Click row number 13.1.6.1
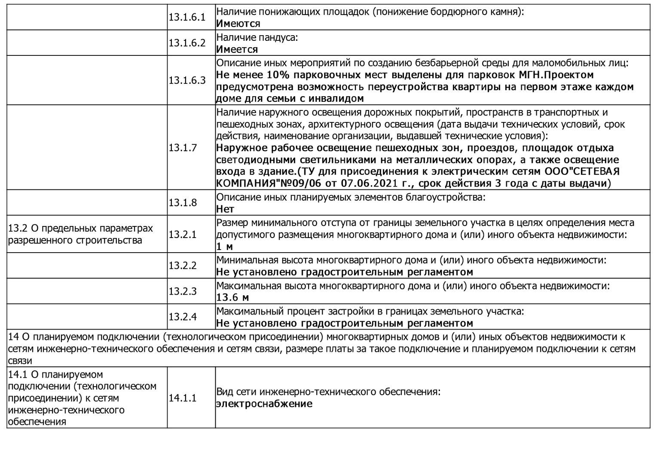pos(187,17)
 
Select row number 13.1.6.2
pos(187,43)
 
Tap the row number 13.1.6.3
pos(187,80)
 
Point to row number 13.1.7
pos(183,148)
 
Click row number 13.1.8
pos(183,202)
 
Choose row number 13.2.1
pos(183,234)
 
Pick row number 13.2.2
pos(183,266)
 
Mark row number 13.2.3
pos(183,291)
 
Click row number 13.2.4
pos(183,317)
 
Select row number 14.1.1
pos(183,398)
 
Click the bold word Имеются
pos(238,24)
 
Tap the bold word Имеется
pos(237,49)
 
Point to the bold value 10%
pos(278,75)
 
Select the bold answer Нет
pos(225,209)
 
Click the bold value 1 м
pos(224,247)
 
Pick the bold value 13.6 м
pos(232,297)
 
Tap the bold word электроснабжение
pos(264,404)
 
